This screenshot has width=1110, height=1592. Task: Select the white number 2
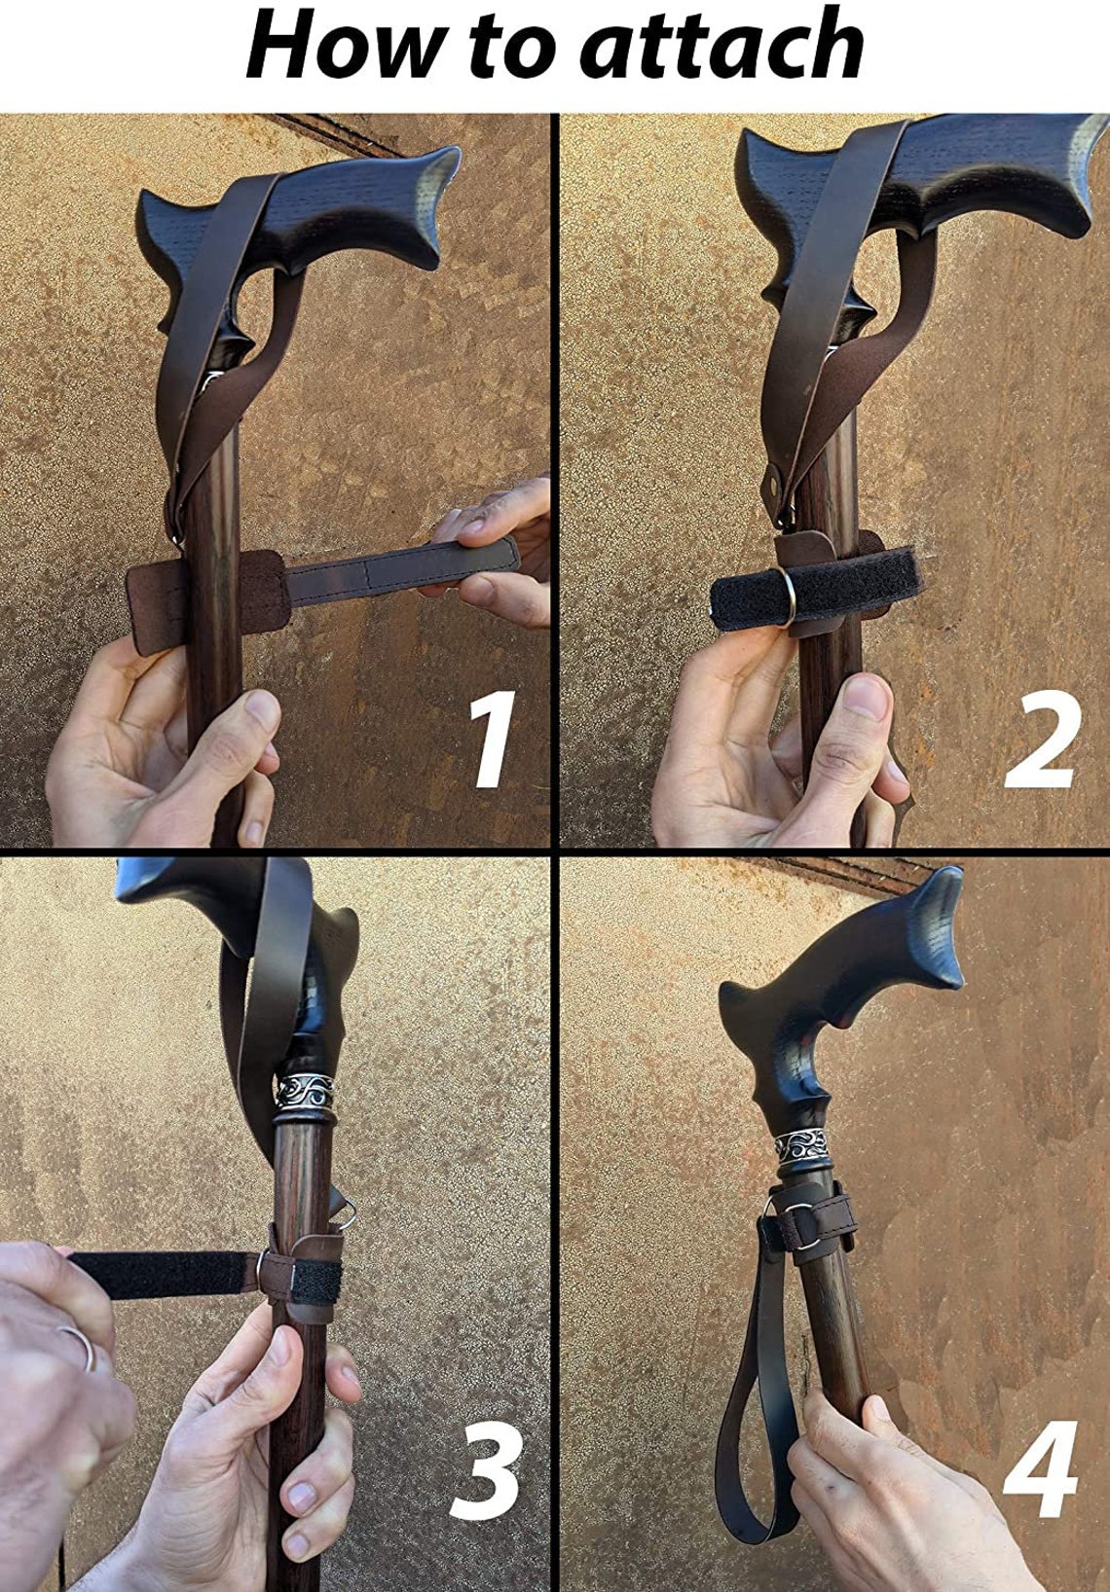point(1043,740)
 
